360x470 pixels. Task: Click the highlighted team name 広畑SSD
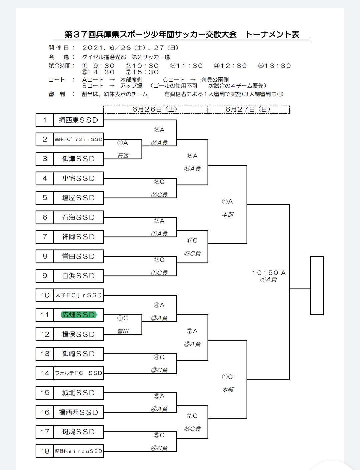(79, 315)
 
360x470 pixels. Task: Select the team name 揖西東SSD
(79, 120)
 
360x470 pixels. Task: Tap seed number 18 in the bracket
(45, 451)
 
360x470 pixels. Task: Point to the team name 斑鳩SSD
(79, 432)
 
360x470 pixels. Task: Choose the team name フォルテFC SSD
(79, 373)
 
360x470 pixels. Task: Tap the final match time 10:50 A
(269, 273)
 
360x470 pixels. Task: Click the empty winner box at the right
(317, 285)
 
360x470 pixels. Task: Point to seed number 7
(45, 237)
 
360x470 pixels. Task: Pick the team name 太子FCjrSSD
(79, 295)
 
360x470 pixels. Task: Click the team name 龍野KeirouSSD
(79, 451)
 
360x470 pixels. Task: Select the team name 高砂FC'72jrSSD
(79, 139)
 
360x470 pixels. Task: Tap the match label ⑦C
(192, 416)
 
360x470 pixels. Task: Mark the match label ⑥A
(192, 156)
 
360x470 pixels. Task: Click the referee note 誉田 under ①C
(123, 331)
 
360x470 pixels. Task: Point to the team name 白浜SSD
(79, 276)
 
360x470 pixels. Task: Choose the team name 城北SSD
(79, 393)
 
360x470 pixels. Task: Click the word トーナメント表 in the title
(272, 34)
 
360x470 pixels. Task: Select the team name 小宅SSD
(79, 178)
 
